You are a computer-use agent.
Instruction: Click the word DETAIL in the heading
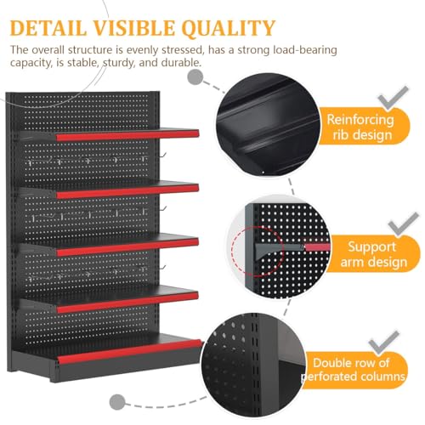pos(48,28)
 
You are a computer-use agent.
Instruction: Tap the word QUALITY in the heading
pos(229,28)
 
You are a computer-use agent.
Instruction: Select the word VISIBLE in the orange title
pos(134,28)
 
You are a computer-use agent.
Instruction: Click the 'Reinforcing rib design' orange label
pos(364,127)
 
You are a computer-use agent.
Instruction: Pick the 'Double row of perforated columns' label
pos(354,370)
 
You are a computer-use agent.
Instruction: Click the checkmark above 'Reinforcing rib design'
pos(394,98)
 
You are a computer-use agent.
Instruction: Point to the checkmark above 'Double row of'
pos(384,343)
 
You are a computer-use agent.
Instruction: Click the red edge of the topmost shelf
pos(127,135)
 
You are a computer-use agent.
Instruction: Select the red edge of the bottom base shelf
pos(130,351)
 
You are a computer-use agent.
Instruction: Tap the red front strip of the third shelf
pos(127,247)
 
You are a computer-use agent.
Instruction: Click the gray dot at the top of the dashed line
pos(195,77)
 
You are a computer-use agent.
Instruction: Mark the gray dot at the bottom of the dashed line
pos(117,401)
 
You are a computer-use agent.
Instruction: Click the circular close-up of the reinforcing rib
pos(268,125)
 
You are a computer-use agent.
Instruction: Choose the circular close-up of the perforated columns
pos(253,364)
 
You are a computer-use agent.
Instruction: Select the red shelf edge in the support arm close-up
pos(317,246)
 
